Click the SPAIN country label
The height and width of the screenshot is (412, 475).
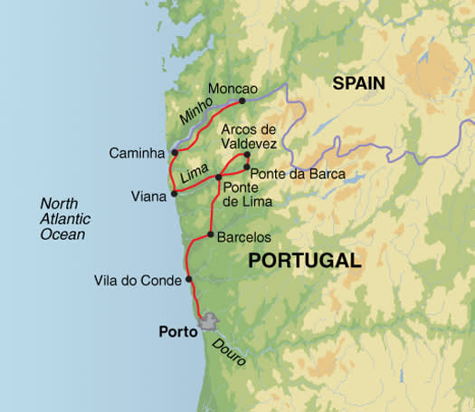(x=358, y=83)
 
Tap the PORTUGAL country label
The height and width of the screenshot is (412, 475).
(x=303, y=261)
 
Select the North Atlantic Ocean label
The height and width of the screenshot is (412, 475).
(x=62, y=218)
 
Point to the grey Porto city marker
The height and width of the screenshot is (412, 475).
(x=210, y=322)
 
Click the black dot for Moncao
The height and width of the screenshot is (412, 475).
(x=242, y=101)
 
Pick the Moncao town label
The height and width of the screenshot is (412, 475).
(x=233, y=89)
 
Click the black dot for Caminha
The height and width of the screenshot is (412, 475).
(x=174, y=152)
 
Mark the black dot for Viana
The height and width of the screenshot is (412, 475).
(x=174, y=194)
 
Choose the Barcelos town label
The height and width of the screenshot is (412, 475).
(x=244, y=236)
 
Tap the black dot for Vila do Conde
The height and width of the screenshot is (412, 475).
(x=188, y=280)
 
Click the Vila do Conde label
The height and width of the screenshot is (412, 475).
(x=137, y=280)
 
